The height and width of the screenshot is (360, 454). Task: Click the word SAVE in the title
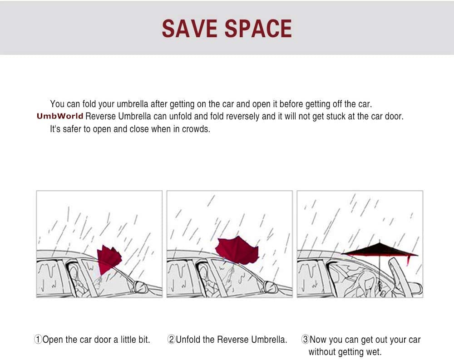pyautogui.click(x=189, y=29)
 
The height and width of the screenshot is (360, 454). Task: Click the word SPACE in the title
pyautogui.click(x=258, y=29)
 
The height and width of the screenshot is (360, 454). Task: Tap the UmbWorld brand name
pyautogui.click(x=60, y=116)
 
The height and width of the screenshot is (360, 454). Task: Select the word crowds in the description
pyautogui.click(x=195, y=129)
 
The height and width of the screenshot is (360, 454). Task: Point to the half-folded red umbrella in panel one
pyautogui.click(x=109, y=259)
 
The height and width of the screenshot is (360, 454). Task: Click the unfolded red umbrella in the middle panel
pyautogui.click(x=237, y=249)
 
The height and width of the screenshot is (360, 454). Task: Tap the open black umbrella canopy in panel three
pyautogui.click(x=379, y=250)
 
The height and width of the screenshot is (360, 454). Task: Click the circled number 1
pyautogui.click(x=38, y=340)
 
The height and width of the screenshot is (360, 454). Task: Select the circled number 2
pyautogui.click(x=172, y=340)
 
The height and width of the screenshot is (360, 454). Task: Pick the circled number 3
pyautogui.click(x=305, y=339)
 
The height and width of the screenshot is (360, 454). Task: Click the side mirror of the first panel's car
pyautogui.click(x=139, y=286)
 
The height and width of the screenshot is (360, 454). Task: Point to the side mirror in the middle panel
pyautogui.click(x=270, y=286)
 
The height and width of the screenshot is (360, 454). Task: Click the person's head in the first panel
pyautogui.click(x=74, y=272)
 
